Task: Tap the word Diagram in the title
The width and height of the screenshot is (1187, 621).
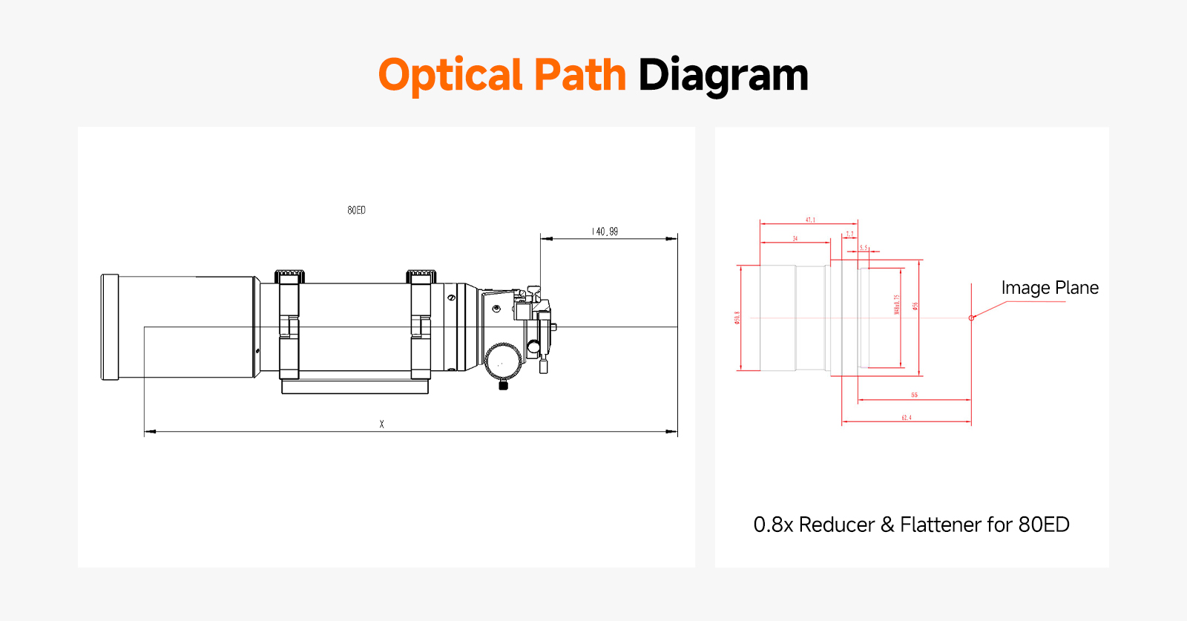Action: pos(723,76)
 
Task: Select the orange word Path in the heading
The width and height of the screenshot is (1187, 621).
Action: pos(579,75)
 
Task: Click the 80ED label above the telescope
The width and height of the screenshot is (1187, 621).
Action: pos(356,211)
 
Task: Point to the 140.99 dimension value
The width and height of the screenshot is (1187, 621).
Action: pos(605,231)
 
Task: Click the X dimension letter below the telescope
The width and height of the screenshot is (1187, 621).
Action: pos(381,424)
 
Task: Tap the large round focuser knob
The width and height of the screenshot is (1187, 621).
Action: pos(503,361)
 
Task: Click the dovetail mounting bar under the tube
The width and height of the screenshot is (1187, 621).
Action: pos(355,387)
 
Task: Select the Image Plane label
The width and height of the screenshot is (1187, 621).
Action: pos(1049,288)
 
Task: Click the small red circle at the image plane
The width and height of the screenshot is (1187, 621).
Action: pos(971,318)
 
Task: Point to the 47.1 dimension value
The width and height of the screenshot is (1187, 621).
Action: pos(810,220)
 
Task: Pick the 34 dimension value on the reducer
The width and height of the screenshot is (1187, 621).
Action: pos(795,239)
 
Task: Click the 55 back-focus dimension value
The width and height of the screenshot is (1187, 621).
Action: pos(914,395)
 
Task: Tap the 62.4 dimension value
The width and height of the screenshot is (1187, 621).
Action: pos(906,418)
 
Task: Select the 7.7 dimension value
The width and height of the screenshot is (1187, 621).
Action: pos(850,234)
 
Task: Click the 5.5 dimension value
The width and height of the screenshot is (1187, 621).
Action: pos(864,248)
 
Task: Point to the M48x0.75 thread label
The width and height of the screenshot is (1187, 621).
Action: pos(897,304)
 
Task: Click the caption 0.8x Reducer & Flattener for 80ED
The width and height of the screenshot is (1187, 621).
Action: pos(911,525)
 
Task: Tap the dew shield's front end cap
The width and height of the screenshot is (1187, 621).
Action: pos(110,327)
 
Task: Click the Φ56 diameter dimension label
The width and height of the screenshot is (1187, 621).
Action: pos(915,306)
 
